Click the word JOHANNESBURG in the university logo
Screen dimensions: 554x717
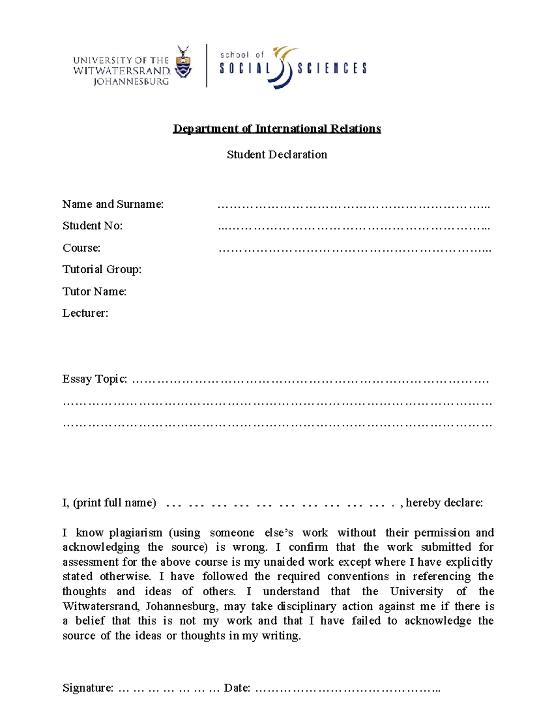(131, 82)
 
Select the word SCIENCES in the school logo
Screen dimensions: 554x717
(332, 69)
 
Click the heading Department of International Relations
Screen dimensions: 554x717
(277, 129)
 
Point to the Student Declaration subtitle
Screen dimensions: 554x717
(277, 155)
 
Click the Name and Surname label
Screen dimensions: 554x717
(113, 204)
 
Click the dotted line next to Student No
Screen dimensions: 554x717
(354, 227)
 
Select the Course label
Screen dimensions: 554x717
(81, 248)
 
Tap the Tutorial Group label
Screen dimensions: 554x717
(102, 270)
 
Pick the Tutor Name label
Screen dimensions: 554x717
(94, 291)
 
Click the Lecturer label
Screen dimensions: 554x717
(85, 313)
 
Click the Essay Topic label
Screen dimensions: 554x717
(95, 379)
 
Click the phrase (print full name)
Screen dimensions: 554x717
(114, 503)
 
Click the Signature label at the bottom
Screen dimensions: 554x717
(88, 688)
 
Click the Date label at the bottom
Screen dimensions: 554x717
(237, 688)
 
